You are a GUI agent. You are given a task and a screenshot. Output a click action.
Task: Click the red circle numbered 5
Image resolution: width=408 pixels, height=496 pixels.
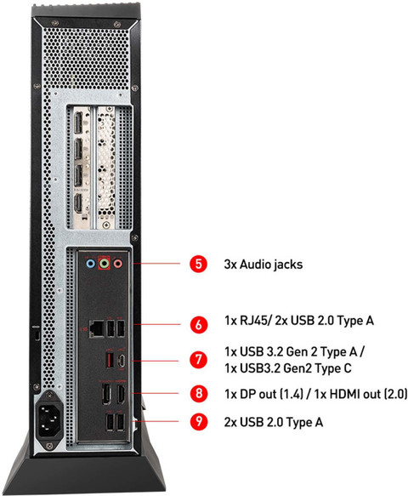tap(198, 264)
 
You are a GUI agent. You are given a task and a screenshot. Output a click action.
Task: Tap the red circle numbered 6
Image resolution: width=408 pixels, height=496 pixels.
tap(198, 324)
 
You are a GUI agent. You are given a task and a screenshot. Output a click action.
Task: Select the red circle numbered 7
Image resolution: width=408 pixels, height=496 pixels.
tap(198, 359)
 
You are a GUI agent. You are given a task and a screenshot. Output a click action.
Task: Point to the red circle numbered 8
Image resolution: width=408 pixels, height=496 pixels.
tap(198, 393)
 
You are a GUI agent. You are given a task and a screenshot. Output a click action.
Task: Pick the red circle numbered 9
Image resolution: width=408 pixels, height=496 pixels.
tap(198, 421)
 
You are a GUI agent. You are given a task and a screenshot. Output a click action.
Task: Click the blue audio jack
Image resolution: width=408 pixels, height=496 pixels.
tap(90, 263)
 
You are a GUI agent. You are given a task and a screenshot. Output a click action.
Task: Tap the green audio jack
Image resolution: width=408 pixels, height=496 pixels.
tap(104, 263)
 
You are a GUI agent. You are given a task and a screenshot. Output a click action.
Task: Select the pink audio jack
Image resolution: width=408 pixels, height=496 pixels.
tap(118, 263)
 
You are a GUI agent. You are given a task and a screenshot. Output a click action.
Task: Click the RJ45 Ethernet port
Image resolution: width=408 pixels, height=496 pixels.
tap(96, 328)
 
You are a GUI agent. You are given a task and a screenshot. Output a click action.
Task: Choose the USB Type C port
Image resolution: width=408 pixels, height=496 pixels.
tap(122, 360)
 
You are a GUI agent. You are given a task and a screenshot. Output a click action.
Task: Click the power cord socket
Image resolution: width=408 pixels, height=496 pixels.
tap(49, 418)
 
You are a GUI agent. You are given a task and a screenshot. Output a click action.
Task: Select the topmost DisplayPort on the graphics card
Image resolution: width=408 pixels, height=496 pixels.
tap(77, 123)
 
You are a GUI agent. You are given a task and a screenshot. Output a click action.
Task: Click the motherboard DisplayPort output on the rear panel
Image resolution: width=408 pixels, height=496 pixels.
tap(106, 394)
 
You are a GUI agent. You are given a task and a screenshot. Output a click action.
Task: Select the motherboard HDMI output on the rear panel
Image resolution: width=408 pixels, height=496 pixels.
tap(121, 394)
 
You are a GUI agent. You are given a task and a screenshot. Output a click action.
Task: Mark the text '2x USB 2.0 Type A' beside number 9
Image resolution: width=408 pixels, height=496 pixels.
tap(274, 422)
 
